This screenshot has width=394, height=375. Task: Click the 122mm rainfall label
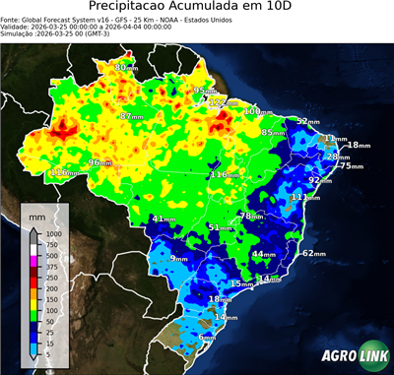coord(225,102)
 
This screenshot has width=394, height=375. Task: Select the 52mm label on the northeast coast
coord(308,121)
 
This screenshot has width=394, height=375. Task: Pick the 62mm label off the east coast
coord(313,253)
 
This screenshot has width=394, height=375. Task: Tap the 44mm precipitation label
coord(264,254)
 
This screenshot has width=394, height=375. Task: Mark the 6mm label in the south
coord(208,338)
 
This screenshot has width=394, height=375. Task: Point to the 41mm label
coord(164,219)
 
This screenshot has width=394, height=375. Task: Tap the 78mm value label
coord(251,216)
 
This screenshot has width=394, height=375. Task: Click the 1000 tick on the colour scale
coord(53,233)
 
